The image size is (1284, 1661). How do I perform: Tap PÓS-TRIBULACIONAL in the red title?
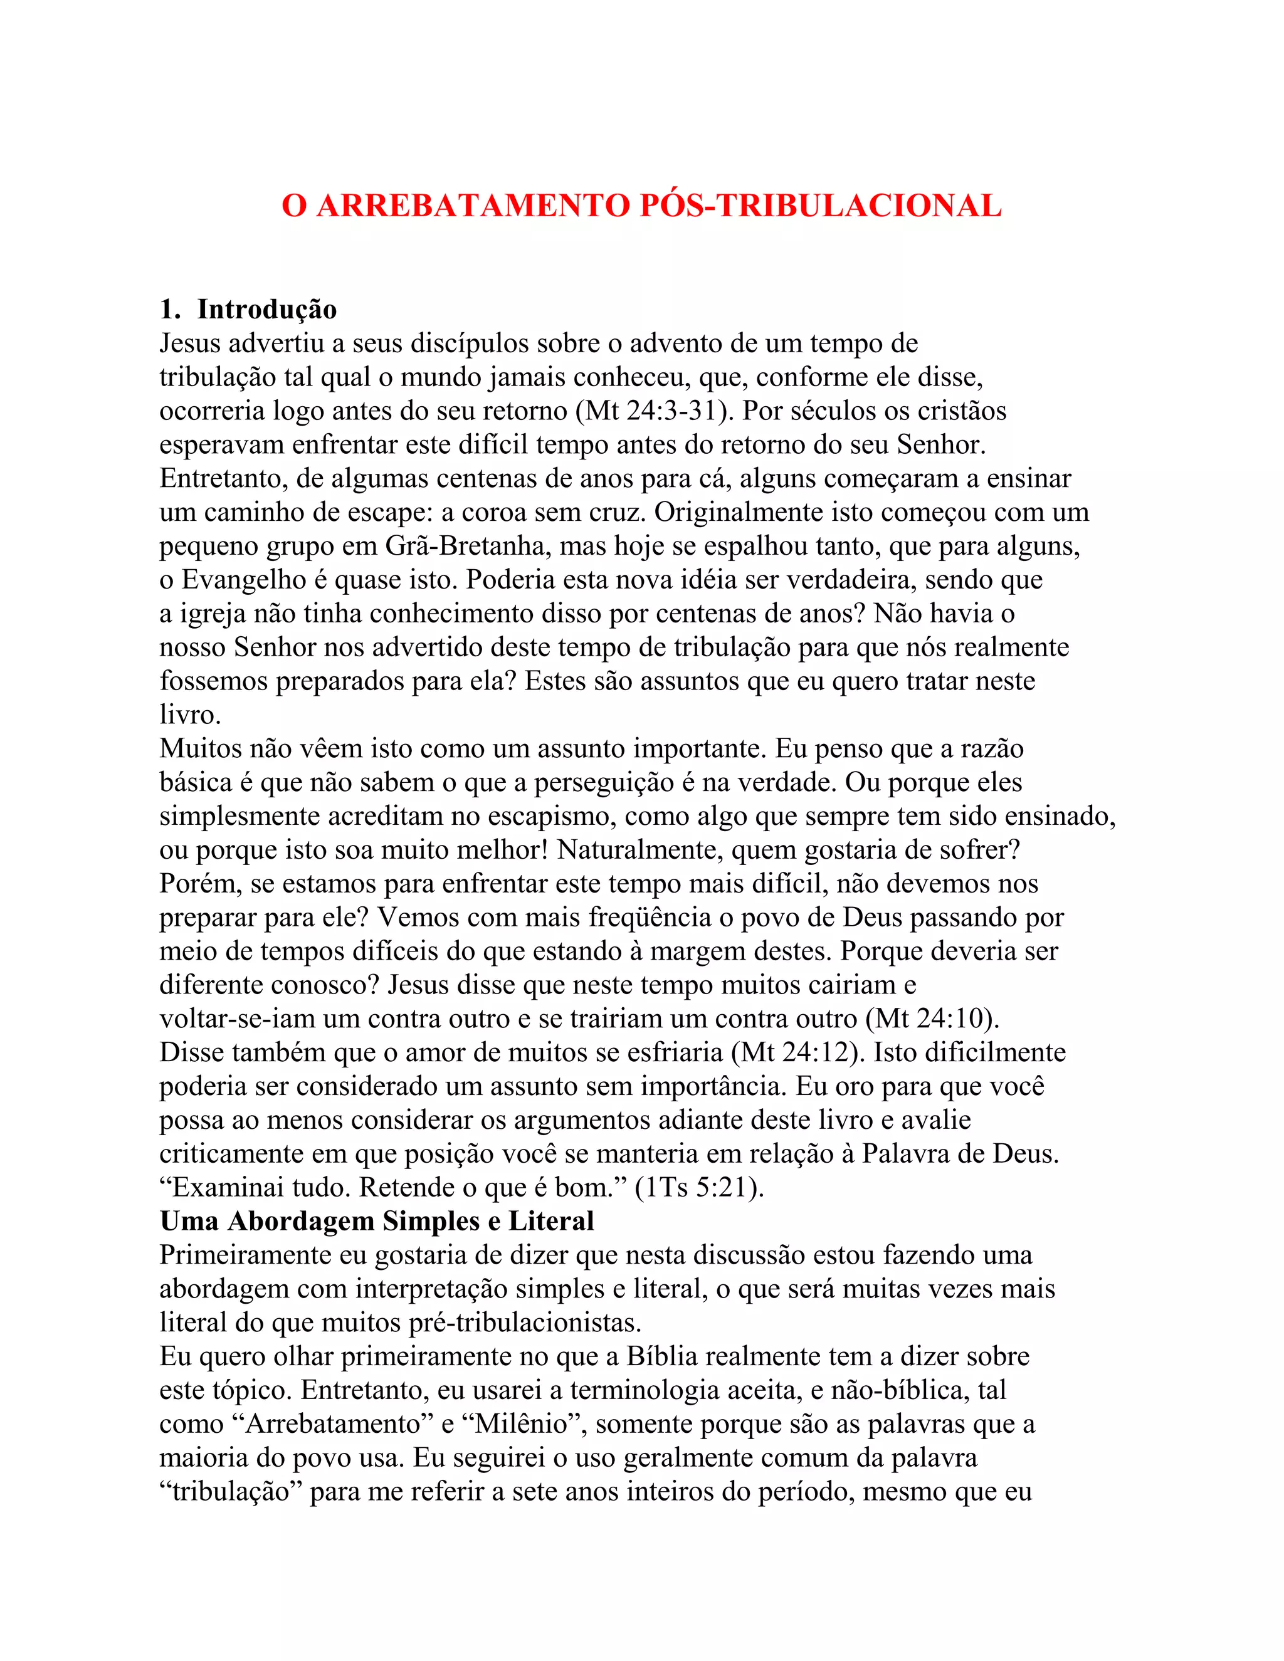click(821, 206)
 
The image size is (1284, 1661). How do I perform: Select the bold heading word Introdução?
click(267, 310)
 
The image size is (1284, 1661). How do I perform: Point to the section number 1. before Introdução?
click(170, 310)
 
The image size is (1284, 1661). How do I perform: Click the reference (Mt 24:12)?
click(798, 1052)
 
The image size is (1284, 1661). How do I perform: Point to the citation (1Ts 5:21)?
click(699, 1187)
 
